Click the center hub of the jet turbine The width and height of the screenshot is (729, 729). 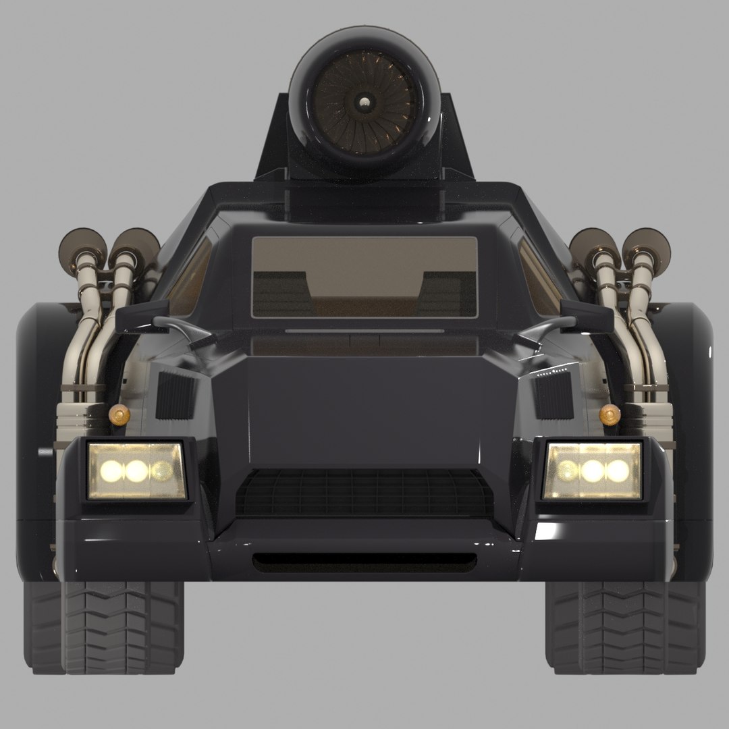364,102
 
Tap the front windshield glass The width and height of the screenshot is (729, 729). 364,277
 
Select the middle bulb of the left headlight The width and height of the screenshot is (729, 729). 136,470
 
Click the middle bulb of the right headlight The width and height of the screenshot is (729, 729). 593,471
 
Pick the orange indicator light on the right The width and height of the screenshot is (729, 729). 610,414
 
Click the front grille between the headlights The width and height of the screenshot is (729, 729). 364,491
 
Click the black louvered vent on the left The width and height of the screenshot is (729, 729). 173,394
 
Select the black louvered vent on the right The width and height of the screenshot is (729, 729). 555,394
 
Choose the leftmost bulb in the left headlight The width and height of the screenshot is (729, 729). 110,470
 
